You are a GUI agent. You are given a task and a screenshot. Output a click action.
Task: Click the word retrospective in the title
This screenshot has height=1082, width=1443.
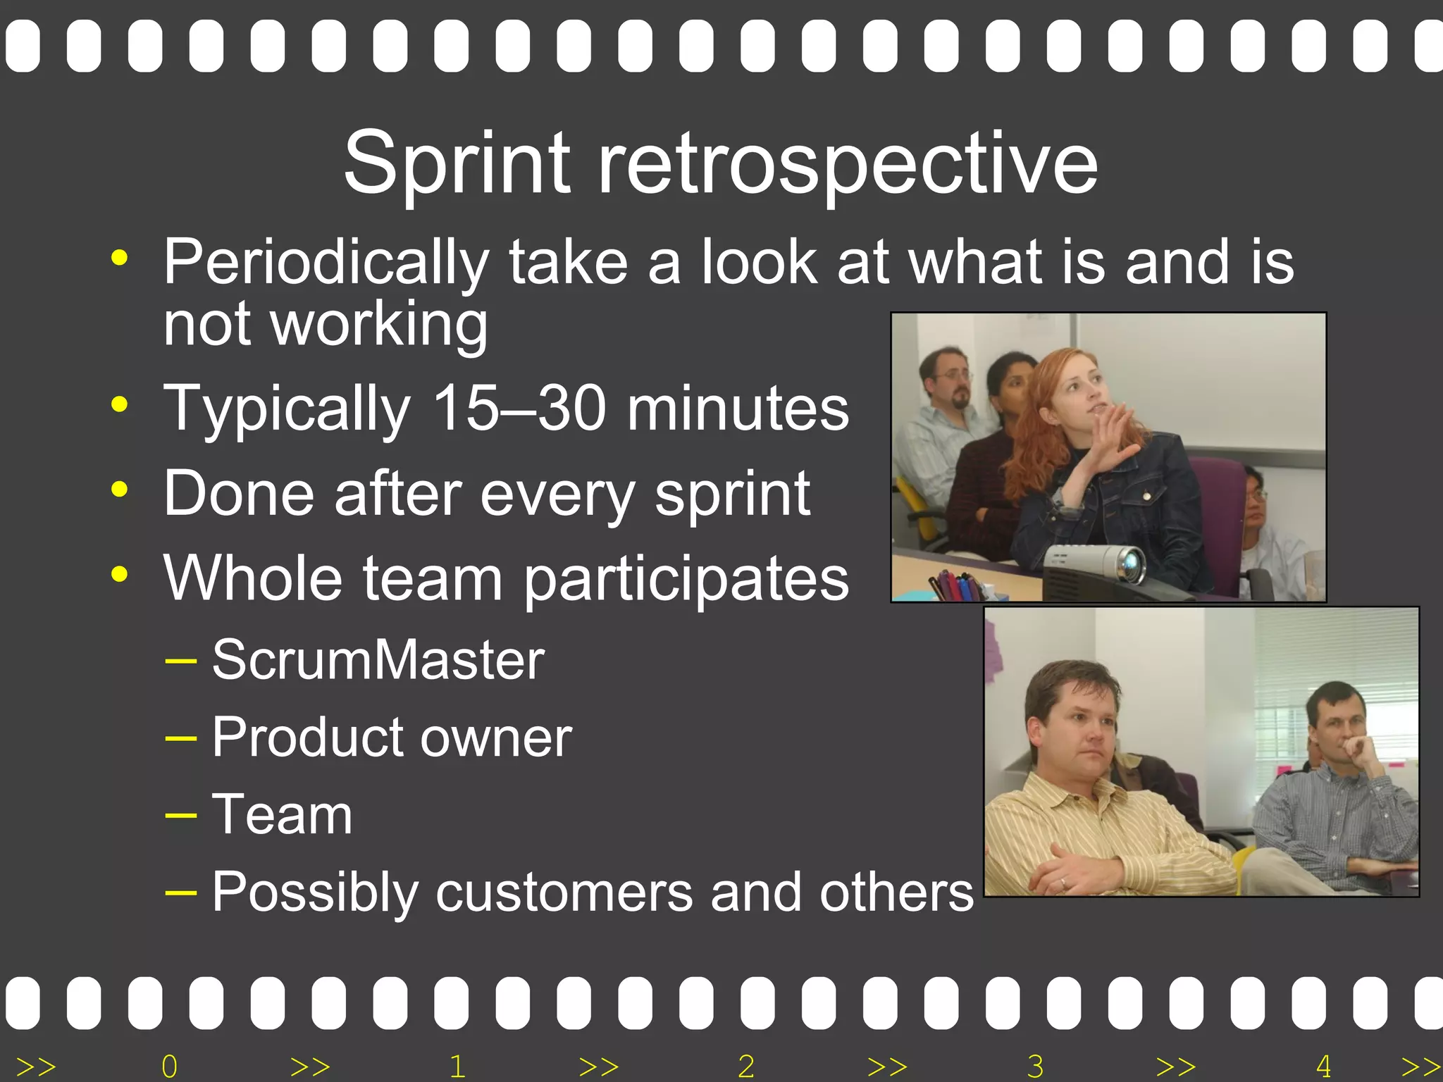848,163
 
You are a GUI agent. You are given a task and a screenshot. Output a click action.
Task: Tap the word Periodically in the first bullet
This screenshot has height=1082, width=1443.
326,262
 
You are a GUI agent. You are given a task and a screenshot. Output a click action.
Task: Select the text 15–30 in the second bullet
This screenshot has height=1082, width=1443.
519,408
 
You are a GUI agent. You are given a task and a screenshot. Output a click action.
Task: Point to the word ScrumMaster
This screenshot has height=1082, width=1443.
378,660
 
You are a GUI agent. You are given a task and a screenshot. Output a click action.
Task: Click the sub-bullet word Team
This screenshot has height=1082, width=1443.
282,814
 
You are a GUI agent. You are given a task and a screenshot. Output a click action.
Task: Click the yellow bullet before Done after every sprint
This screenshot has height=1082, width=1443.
120,489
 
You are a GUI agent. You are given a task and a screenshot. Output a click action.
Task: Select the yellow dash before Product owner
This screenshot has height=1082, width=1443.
180,738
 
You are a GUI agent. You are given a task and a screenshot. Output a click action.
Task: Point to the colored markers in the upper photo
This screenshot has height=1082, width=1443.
953,586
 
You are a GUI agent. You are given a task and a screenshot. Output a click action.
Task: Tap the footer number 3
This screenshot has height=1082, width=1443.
1035,1067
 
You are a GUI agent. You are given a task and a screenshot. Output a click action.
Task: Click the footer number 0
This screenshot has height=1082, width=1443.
169,1067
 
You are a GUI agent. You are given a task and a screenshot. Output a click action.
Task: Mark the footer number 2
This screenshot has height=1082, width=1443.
746,1067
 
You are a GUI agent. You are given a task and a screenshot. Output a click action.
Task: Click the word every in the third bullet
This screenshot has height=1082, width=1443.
557,495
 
